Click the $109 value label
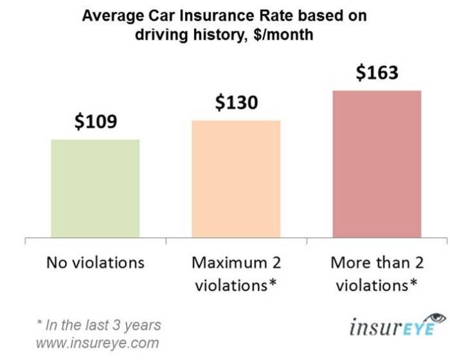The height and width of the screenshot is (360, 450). click(x=95, y=121)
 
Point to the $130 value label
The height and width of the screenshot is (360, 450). click(x=236, y=102)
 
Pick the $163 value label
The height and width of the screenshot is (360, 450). click(x=377, y=72)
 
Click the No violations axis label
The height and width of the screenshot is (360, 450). click(x=95, y=263)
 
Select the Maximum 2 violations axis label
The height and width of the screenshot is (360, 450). click(x=236, y=273)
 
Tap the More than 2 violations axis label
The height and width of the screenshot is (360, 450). click(x=377, y=273)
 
